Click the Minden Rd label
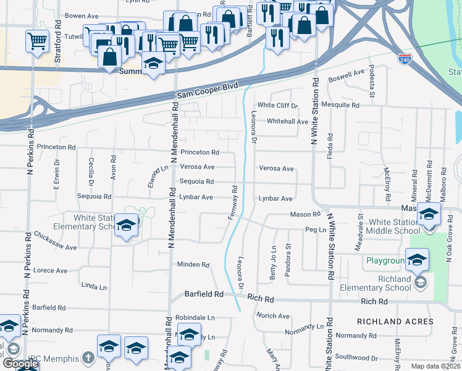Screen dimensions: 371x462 (193, 265)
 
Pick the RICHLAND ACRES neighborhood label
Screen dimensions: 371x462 (395, 322)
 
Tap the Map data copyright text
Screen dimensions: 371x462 (436, 366)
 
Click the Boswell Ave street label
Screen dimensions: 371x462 (347, 76)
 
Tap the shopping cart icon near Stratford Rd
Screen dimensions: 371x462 (38, 41)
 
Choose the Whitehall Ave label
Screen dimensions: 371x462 (287, 122)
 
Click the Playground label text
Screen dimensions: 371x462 (385, 261)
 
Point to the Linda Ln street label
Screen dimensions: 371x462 (94, 287)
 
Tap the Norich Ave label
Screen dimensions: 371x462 (274, 316)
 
